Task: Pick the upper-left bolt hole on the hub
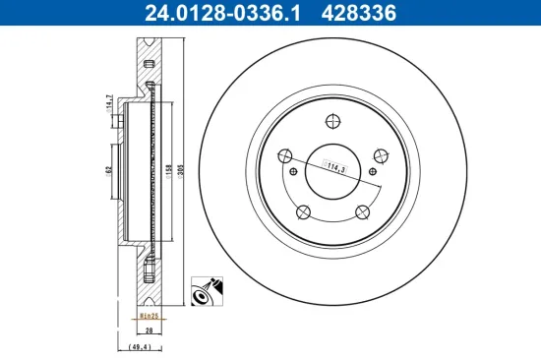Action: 284,154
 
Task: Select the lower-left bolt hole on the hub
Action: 303,211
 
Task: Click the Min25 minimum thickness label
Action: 149,317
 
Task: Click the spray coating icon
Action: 206,291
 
